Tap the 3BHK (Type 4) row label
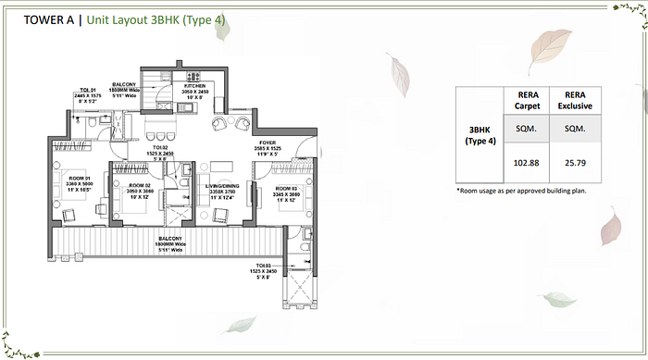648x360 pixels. click(x=479, y=134)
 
